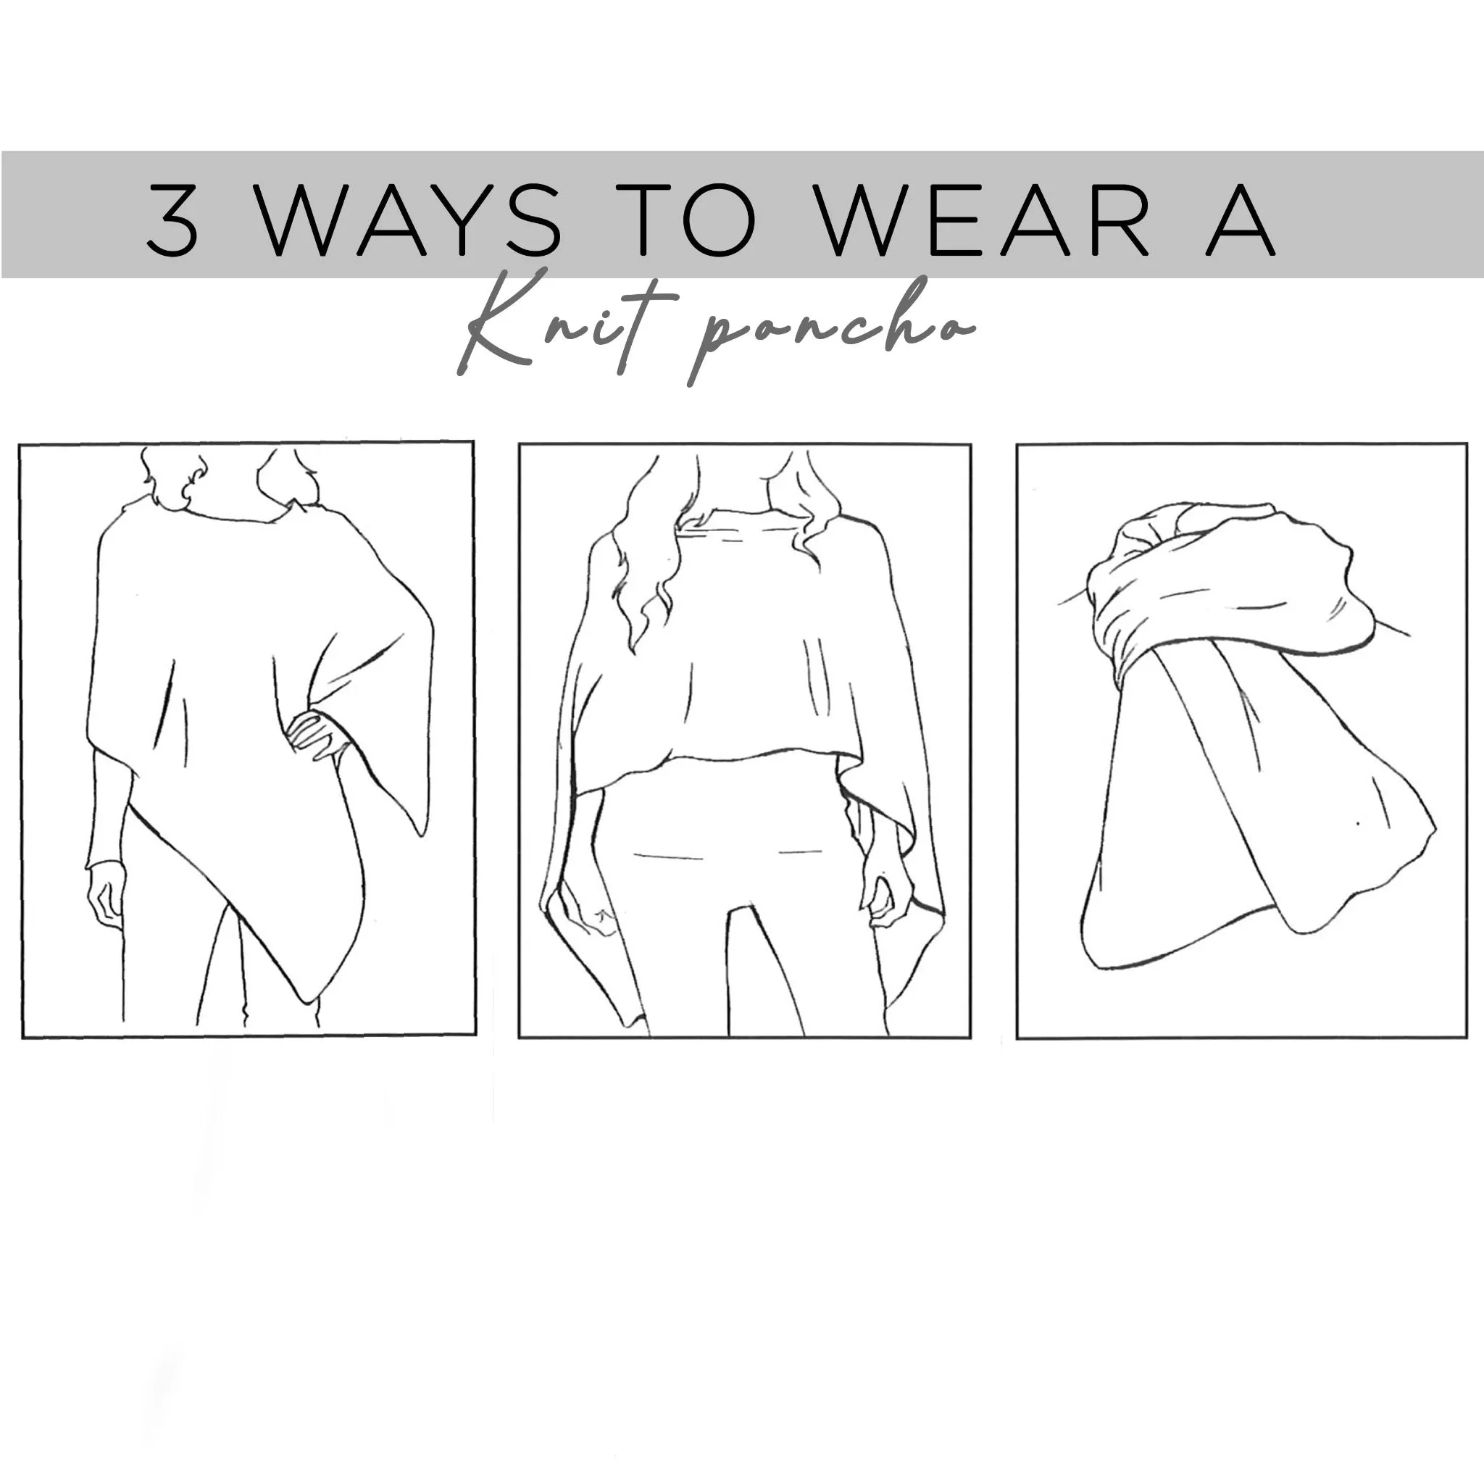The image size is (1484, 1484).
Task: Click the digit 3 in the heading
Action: [173, 219]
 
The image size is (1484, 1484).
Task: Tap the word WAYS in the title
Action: [407, 220]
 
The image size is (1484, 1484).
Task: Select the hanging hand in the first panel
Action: [105, 895]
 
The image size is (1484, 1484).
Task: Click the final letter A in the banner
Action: [1240, 220]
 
